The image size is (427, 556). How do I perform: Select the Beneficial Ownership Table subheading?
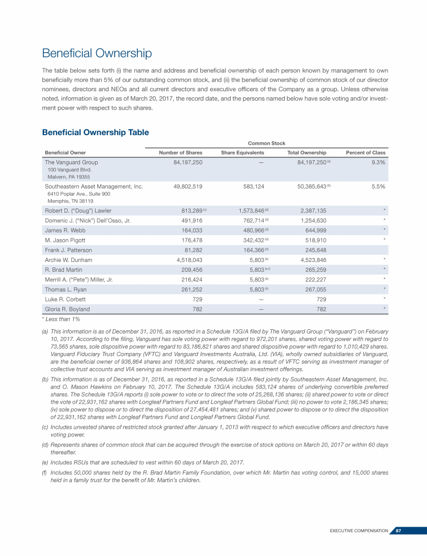96,132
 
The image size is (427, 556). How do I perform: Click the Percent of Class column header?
365,152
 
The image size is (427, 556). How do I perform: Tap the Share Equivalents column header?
242,152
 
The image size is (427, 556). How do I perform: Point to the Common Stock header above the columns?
266,143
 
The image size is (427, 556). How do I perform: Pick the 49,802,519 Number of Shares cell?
188,186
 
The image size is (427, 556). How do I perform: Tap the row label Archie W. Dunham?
68,260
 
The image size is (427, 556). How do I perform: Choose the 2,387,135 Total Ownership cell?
312,211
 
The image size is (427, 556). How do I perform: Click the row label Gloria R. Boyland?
67,309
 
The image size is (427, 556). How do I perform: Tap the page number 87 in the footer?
399,531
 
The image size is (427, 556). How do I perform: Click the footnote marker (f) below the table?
45,472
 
